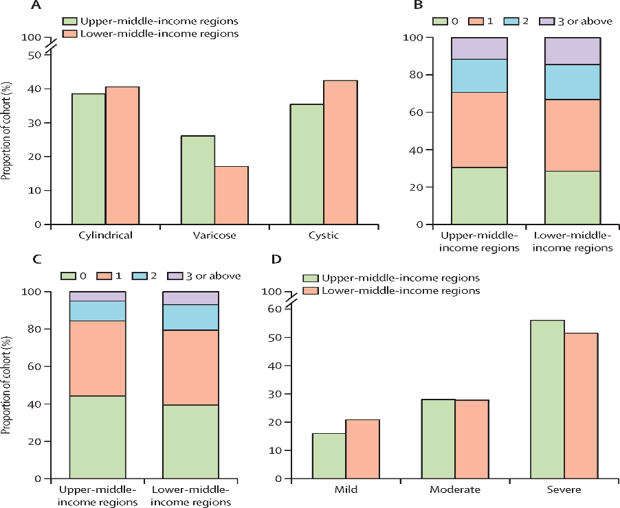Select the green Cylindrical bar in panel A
[89, 159]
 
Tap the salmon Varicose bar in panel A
[231, 195]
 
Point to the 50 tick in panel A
[42, 55]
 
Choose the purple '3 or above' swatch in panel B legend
[547, 21]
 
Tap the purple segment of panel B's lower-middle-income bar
[572, 51]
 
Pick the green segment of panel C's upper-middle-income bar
[98, 437]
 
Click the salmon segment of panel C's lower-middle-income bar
[190, 367]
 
